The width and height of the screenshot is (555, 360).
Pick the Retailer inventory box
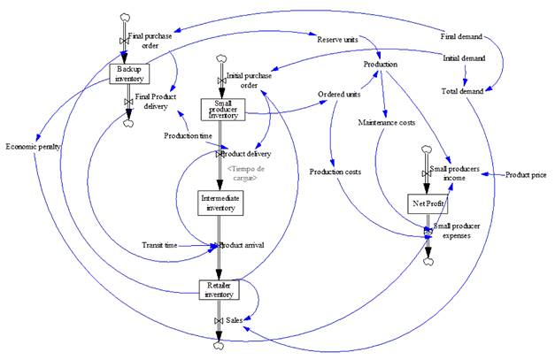pyautogui.click(x=219, y=289)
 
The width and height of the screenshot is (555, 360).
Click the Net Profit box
pyautogui.click(x=428, y=203)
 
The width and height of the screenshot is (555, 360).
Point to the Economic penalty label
pyautogui.click(x=32, y=146)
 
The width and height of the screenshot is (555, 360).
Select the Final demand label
pyautogui.click(x=461, y=36)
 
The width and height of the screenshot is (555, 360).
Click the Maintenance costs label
pyautogui.click(x=387, y=122)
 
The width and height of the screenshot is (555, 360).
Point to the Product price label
pyautogui.click(x=526, y=174)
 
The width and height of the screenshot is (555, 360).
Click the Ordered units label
pyautogui.click(x=338, y=95)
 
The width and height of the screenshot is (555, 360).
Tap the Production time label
pyautogui.click(x=187, y=135)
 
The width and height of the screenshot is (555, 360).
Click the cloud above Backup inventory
pyautogui.click(x=124, y=18)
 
